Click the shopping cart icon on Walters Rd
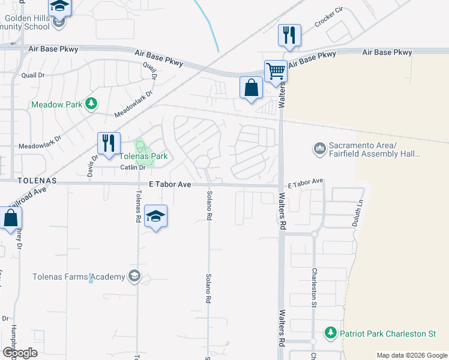pyautogui.click(x=276, y=71)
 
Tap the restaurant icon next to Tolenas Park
pyautogui.click(x=109, y=143)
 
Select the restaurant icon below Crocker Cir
pyautogui.click(x=290, y=35)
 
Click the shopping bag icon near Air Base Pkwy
pyautogui.click(x=251, y=88)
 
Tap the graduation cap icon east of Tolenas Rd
pyautogui.click(x=155, y=217)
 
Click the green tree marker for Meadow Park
pyautogui.click(x=91, y=104)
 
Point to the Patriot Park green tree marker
pyautogui.click(x=330, y=332)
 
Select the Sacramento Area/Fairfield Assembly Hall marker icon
pyautogui.click(x=319, y=148)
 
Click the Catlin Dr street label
pyautogui.click(x=133, y=167)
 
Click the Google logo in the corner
pyautogui.click(x=20, y=352)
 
